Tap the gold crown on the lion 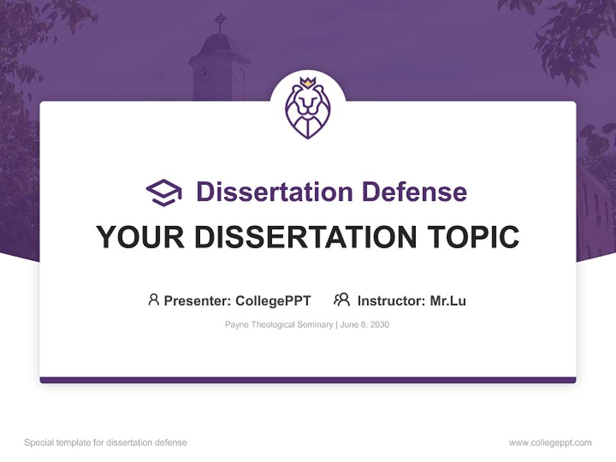[x=308, y=83]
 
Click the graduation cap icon [x=164, y=192]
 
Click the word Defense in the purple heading [x=414, y=192]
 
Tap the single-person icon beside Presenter [x=153, y=300]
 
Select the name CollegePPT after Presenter [x=273, y=300]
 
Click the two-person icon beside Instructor [x=342, y=300]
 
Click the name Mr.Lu [x=448, y=300]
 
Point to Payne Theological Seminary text [x=278, y=325]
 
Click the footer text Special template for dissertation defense [x=105, y=443]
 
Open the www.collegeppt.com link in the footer [x=550, y=443]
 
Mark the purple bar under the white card [x=308, y=380]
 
